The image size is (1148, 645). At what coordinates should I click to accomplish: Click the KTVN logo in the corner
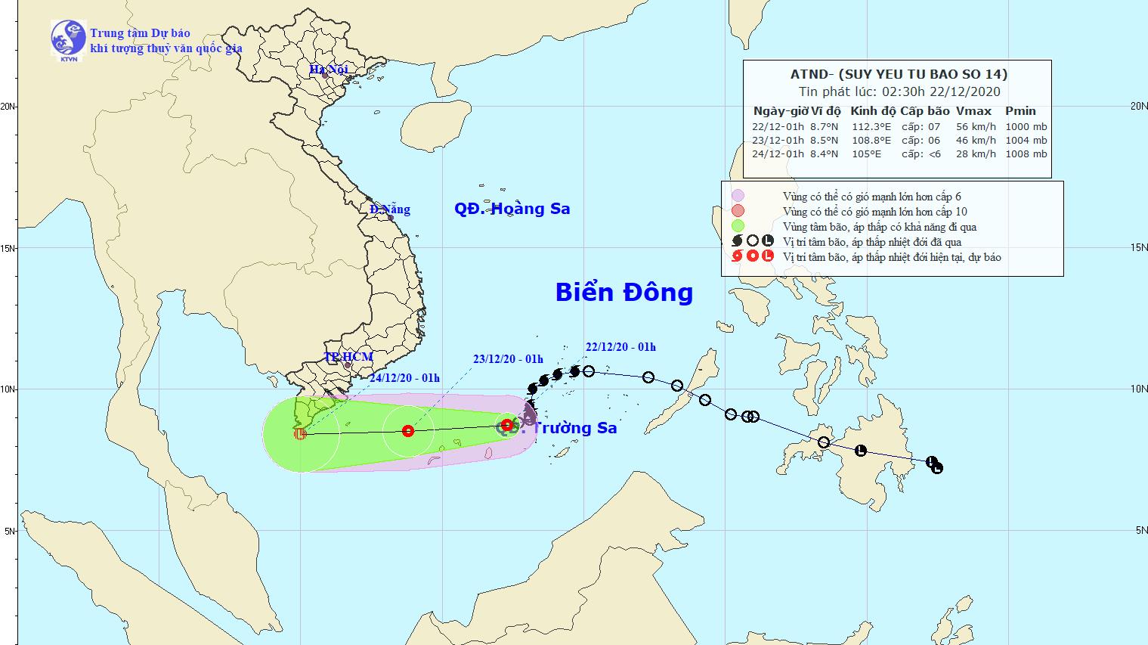coord(68,39)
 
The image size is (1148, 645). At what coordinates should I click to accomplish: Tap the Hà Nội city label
coord(328,70)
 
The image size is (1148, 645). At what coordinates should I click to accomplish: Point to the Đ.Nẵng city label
coord(390,209)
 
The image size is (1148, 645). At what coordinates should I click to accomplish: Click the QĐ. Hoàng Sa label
coord(512,209)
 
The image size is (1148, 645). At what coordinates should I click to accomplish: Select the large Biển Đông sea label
coord(624,292)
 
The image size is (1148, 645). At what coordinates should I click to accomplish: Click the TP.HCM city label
coord(348,356)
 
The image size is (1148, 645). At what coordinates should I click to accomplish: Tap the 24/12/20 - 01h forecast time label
coord(404,378)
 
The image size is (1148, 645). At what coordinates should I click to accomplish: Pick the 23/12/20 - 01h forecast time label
coord(508,359)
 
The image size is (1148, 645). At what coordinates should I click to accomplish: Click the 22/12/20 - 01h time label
coord(620,347)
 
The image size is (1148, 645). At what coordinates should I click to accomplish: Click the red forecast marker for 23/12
coord(408,431)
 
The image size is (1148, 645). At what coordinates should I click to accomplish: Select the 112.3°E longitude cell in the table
coord(871,127)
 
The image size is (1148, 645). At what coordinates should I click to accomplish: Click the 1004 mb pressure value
coord(1026,141)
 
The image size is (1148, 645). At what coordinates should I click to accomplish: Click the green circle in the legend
coord(738,226)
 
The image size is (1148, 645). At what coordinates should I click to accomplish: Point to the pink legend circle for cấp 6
coord(738,196)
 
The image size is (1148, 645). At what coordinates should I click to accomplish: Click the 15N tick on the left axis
coord(9,248)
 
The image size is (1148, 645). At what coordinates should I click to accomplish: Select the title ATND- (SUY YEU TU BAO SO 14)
coord(897,74)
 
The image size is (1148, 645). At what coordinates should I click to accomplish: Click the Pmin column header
coord(1020,111)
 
